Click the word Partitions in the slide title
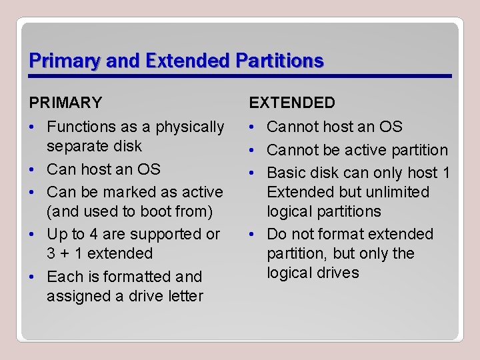coord(280,61)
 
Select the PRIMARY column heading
coord(65,103)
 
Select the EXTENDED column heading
coord(292,103)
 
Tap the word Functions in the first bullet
coord(80,127)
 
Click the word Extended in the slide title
coord(187,61)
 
